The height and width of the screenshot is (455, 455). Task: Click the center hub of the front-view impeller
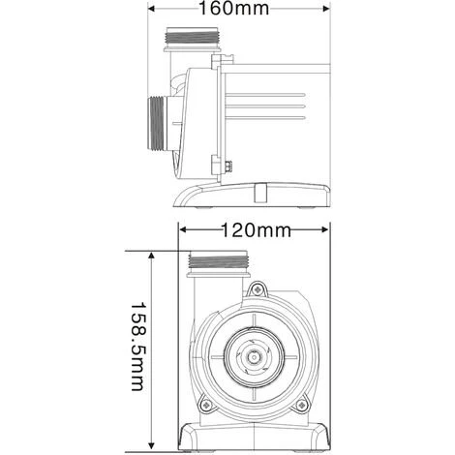tap(255, 355)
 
